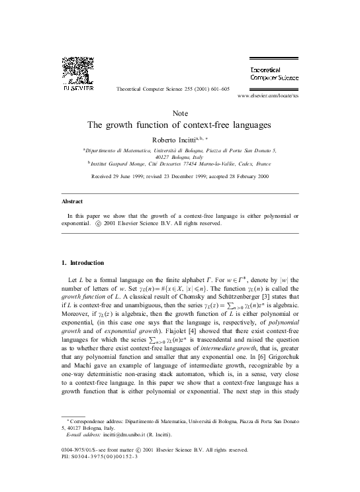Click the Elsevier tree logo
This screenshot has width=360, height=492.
77,69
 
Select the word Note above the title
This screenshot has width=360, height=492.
179,113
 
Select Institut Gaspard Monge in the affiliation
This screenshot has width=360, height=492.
117,163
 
